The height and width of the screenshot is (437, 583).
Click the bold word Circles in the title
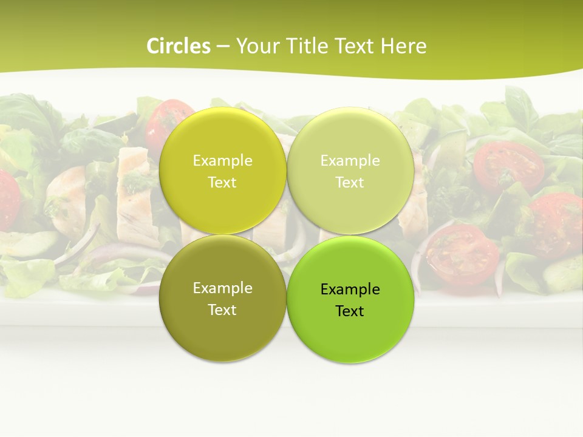point(179,46)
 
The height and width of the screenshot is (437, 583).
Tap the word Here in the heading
point(403,46)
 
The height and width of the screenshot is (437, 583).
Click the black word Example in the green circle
point(350,290)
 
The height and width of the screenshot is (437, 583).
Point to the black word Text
point(350,311)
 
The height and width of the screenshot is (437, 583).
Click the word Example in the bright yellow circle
point(222,161)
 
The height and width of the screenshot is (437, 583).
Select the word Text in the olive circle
point(222,310)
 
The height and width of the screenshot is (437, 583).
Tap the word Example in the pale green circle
point(350,161)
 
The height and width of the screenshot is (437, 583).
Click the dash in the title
point(223,47)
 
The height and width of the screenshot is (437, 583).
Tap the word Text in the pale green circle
point(350,182)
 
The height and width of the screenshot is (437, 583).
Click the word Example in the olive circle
point(222,288)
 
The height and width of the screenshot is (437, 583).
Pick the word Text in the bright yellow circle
point(222,182)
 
